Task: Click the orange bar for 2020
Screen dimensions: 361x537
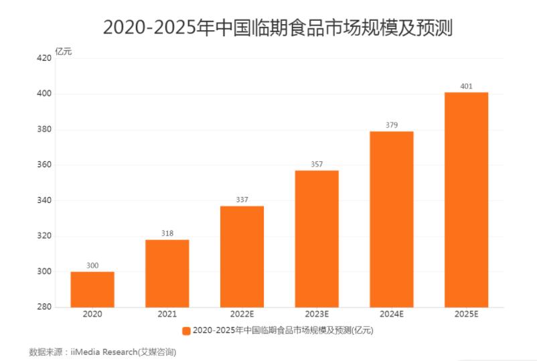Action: [x=92, y=289]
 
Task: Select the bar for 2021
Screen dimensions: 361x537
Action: [x=167, y=273]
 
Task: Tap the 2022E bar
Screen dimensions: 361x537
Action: [x=242, y=257]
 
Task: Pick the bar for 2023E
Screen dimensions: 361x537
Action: [x=317, y=238]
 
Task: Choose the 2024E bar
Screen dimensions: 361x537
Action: [x=392, y=219]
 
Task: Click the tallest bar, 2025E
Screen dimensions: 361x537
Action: [x=466, y=200]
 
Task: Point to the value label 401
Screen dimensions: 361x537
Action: [x=466, y=86]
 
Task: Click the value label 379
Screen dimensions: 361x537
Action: [x=392, y=125]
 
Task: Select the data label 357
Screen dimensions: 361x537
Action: [x=317, y=163]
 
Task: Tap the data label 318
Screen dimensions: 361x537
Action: [x=167, y=233]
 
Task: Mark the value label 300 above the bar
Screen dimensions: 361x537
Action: [x=92, y=265]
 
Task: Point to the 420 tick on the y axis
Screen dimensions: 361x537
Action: [x=44, y=58]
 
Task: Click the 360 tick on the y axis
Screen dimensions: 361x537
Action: [x=44, y=165]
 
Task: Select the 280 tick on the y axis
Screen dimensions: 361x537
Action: [x=44, y=307]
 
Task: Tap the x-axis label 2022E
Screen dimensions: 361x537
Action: [x=242, y=315]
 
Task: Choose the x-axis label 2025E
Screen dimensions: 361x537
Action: [x=466, y=315]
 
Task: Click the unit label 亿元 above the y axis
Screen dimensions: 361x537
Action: [x=64, y=52]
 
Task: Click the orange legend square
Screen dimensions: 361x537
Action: [x=185, y=330]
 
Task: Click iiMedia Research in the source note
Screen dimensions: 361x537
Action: [x=108, y=351]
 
